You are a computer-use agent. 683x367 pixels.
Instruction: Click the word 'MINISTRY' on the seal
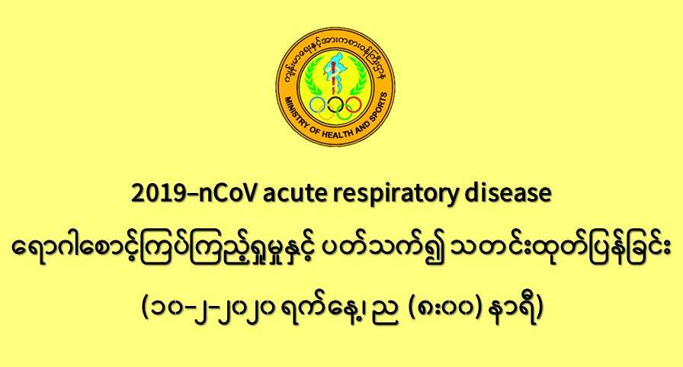[297, 114]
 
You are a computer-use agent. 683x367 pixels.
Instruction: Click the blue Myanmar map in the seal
[335, 72]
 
